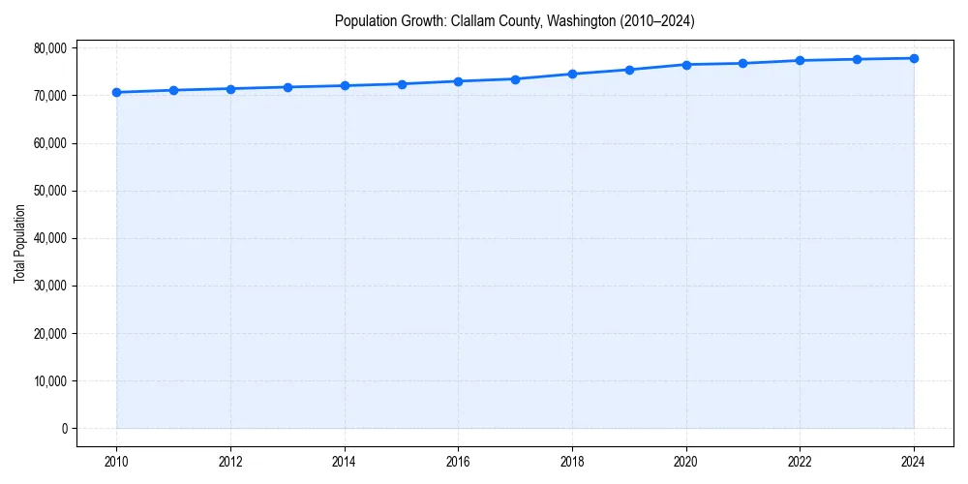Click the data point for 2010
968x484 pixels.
coord(116,92)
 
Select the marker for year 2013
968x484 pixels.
coord(287,87)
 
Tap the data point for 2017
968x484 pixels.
coord(515,78)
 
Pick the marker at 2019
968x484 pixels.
coord(629,70)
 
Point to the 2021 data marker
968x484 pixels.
coord(742,63)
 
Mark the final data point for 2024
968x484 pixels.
coord(914,58)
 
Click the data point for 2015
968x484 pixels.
coord(402,83)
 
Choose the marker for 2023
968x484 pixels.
coord(857,59)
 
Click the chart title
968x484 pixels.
coord(514,20)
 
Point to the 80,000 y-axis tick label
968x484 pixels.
coord(48,48)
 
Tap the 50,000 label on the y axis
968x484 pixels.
coord(48,191)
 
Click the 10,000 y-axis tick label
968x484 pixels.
coord(48,381)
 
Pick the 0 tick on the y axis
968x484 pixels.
coord(63,429)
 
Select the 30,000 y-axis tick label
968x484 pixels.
coord(48,286)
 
